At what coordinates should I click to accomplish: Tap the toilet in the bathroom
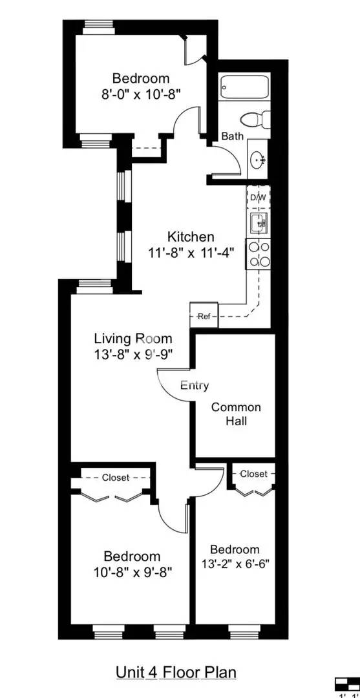tap(254, 120)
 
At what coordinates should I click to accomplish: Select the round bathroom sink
tap(257, 158)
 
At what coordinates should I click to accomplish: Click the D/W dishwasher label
tap(258, 198)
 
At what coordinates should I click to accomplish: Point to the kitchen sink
tap(258, 224)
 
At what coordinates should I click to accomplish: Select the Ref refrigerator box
tap(204, 316)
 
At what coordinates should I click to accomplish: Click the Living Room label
tap(133, 338)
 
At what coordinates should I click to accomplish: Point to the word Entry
tap(195, 385)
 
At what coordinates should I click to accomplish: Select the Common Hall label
tap(236, 414)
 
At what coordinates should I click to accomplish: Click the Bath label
tap(232, 136)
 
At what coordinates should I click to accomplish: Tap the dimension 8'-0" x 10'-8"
tap(140, 93)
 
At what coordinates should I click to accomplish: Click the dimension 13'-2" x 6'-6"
tap(235, 562)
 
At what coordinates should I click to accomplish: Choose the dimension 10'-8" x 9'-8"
tap(132, 572)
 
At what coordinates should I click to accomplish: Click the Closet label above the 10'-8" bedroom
tap(115, 478)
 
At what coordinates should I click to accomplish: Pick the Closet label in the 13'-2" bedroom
tap(253, 474)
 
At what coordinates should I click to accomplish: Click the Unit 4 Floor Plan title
tap(176, 672)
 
